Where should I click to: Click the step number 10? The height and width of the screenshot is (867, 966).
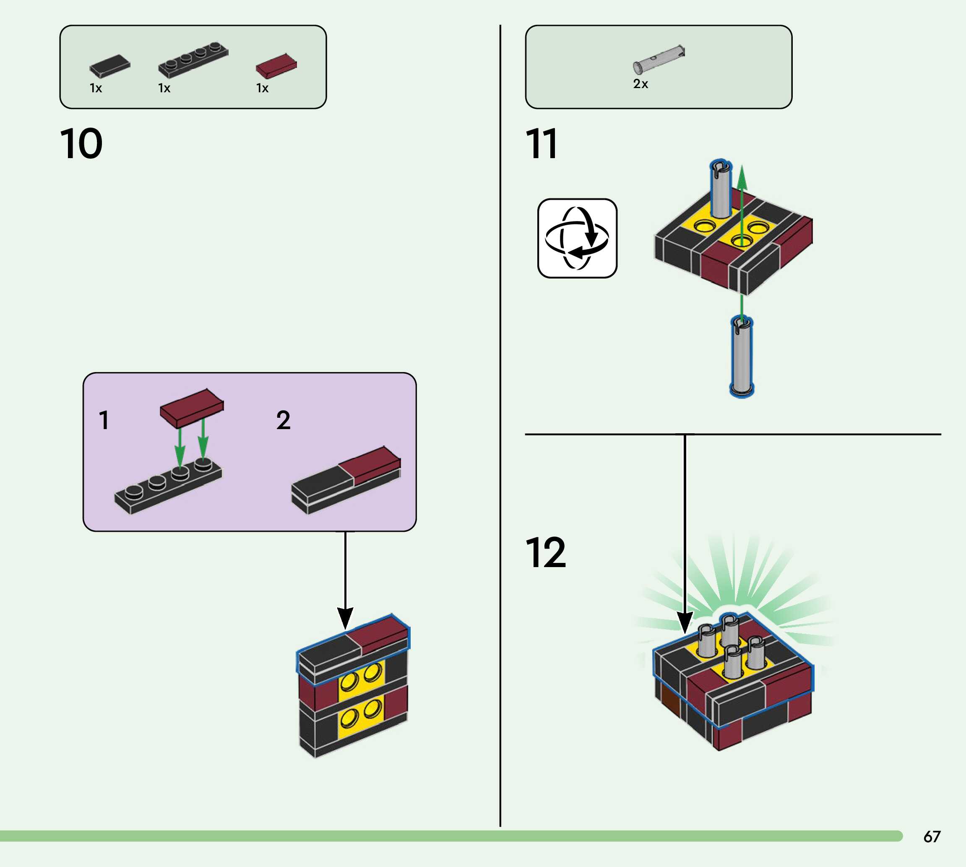[x=81, y=144]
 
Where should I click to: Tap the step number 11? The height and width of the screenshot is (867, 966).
[x=541, y=144]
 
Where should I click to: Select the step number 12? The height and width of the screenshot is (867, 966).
[x=546, y=552]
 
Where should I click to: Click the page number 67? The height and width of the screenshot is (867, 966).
[x=932, y=836]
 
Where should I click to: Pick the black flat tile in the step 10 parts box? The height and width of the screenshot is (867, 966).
[x=110, y=66]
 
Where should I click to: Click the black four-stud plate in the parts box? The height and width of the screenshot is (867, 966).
[x=193, y=60]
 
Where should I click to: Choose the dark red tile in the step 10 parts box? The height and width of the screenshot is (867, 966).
[x=276, y=66]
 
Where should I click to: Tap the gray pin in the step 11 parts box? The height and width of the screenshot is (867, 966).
[x=659, y=60]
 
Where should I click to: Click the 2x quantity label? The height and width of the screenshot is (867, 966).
[x=641, y=84]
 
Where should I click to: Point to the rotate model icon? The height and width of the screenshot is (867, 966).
[x=577, y=238]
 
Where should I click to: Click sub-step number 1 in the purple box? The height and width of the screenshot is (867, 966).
[x=104, y=420]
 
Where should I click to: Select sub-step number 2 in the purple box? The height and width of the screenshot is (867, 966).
[x=284, y=420]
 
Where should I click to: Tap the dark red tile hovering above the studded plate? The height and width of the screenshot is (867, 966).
[x=192, y=408]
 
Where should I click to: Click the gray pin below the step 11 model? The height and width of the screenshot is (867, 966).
[x=742, y=357]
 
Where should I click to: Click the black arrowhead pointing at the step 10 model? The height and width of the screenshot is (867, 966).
[x=345, y=618]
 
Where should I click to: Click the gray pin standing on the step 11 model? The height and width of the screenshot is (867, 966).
[x=721, y=190]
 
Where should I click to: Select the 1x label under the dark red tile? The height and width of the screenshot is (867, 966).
[x=263, y=88]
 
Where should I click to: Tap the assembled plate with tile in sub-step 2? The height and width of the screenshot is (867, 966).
[x=346, y=480]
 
